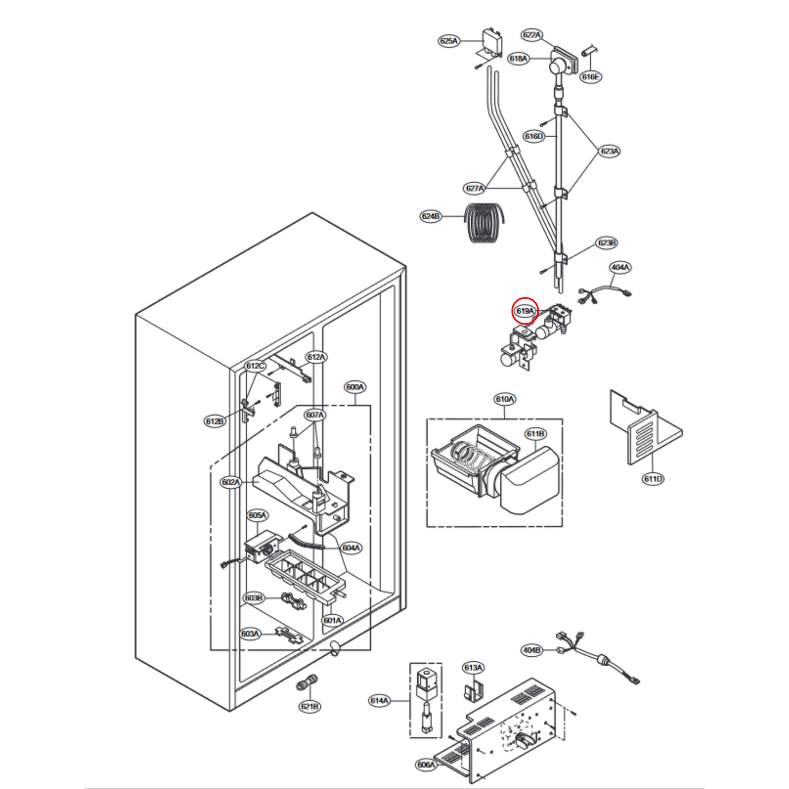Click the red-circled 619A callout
[x=525, y=311]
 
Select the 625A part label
[x=449, y=41]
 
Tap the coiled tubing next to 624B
[x=483, y=223]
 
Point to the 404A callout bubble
[x=620, y=268]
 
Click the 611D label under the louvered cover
[x=653, y=479]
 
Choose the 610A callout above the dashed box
[x=505, y=399]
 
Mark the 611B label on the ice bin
[x=535, y=434]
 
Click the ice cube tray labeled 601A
[x=304, y=579]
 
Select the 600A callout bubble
[x=355, y=387]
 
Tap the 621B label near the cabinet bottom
[x=310, y=707]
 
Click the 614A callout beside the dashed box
[x=379, y=701]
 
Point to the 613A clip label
[x=473, y=668]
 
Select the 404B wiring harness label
[x=532, y=650]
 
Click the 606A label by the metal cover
[x=426, y=765]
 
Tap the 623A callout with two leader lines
[x=609, y=151]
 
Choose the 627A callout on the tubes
[x=474, y=188]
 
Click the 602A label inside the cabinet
[x=230, y=482]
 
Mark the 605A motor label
[x=257, y=515]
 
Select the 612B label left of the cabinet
[x=215, y=422]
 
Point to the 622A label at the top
[x=532, y=35]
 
